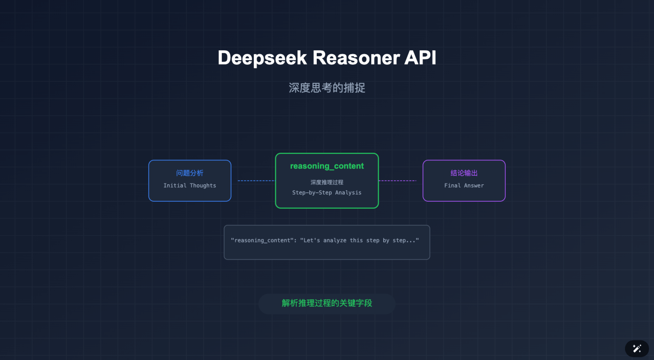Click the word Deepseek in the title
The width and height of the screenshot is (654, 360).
262,58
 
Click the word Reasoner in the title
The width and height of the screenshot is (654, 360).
356,58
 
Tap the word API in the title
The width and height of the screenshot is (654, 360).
420,58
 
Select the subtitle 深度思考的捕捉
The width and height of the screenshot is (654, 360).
327,88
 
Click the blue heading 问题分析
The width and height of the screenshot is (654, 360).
189,173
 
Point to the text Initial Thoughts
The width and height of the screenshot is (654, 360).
189,186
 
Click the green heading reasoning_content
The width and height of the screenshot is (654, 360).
327,166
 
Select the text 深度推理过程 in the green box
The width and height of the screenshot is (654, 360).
327,182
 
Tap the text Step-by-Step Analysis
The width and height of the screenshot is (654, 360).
327,193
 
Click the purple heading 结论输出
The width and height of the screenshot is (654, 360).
464,173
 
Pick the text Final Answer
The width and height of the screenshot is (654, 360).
464,186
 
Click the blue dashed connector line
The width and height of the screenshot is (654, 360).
255,181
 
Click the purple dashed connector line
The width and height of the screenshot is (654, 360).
397,181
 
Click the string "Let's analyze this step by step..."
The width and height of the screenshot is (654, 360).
359,240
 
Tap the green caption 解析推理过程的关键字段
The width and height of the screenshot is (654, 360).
327,303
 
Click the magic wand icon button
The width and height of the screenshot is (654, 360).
637,349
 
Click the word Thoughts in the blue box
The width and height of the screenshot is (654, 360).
203,186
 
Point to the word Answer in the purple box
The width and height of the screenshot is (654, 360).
473,186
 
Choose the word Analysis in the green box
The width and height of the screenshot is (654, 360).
348,193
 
